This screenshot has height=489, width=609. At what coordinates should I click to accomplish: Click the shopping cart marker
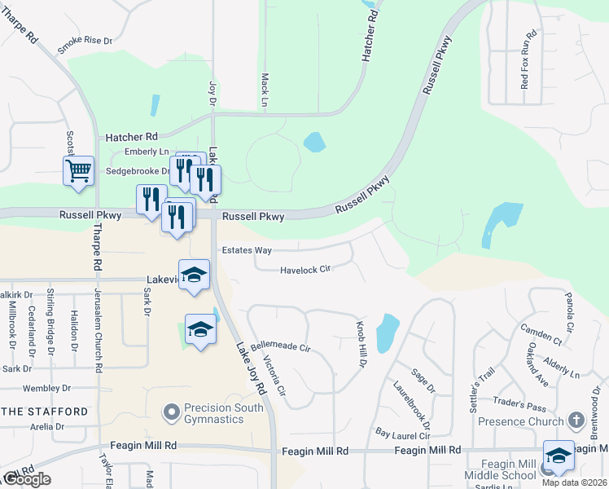(x=78, y=172)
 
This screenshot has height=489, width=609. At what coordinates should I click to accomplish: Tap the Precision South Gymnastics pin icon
(x=170, y=413)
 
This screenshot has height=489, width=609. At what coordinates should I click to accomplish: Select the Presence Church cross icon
(x=576, y=421)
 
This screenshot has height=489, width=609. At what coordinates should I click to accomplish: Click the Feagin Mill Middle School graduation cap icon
(x=559, y=457)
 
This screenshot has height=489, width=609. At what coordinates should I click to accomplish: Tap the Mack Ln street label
(x=265, y=89)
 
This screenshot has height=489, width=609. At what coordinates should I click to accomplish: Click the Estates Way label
(x=248, y=250)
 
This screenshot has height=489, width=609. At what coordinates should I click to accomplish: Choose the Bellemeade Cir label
(x=281, y=347)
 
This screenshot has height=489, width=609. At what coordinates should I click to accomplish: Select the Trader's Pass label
(x=524, y=407)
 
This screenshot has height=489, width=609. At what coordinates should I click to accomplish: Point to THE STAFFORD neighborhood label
(x=45, y=412)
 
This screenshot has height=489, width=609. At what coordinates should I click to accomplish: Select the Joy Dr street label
(x=212, y=92)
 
